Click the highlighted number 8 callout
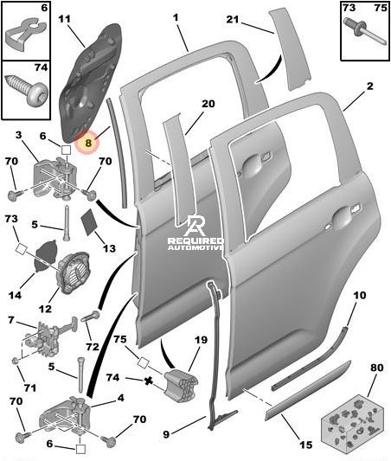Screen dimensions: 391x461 87,143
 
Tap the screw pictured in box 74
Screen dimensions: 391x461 27,89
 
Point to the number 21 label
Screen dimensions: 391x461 233,19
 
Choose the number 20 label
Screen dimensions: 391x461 208,104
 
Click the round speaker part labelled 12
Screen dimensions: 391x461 74,272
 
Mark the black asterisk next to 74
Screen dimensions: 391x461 149,381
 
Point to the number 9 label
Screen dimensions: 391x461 166,434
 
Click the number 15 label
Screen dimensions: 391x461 305,445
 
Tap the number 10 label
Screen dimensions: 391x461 360,295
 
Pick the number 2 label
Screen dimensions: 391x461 370,86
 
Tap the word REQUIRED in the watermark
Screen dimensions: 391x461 195,241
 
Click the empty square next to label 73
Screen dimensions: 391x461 21,249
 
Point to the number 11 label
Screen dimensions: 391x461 64,19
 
